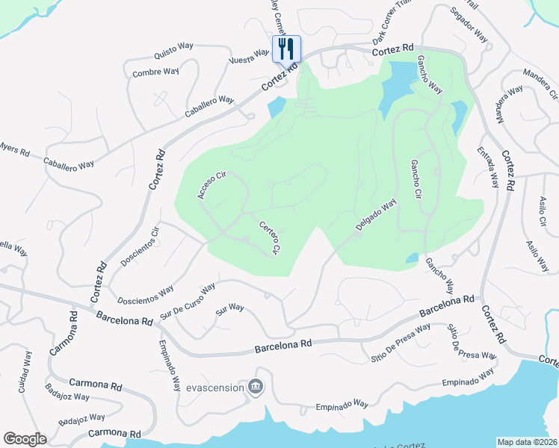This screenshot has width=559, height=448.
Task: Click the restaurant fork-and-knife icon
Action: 285,49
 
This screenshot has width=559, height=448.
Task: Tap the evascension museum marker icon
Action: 256,387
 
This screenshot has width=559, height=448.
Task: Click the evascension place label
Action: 215,388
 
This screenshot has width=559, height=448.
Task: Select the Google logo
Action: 25,439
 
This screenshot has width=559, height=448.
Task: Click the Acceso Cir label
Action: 211,185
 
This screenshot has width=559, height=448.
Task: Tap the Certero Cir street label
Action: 269,238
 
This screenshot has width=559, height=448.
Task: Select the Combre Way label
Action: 155,72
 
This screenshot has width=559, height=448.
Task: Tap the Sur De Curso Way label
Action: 187,298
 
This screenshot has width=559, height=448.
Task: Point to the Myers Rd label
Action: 13,149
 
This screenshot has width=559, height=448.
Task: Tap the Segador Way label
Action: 470,25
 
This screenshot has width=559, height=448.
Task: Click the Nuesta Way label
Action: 248,57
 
